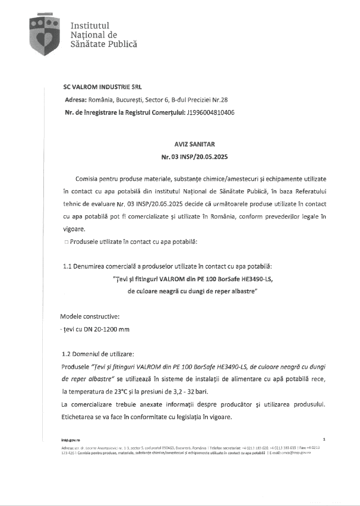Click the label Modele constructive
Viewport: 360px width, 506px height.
(90, 316)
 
